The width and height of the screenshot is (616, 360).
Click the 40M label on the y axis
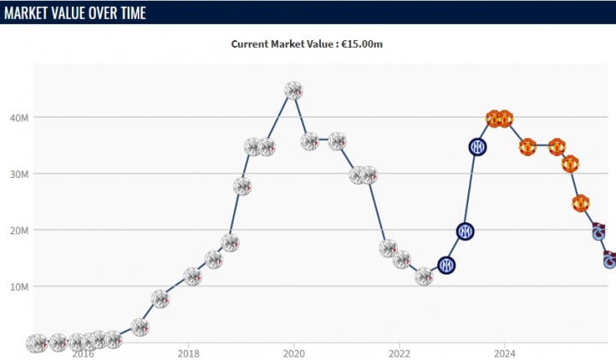click(21, 117)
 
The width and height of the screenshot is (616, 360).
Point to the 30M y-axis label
click(21, 174)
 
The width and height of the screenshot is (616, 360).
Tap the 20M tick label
click(21, 230)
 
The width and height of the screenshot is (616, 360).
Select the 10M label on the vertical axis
click(21, 286)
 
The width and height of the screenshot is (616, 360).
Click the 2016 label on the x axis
click(83, 352)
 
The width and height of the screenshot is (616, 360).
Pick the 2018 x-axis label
click(188, 352)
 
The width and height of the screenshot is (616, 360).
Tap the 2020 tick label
click(293, 352)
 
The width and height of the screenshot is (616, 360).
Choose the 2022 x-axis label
click(400, 352)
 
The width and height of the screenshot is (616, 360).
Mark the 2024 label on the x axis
click(505, 352)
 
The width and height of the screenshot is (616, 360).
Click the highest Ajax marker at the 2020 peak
click(293, 91)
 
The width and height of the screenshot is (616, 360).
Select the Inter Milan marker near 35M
click(477, 147)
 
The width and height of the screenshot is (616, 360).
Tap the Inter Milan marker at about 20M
click(465, 231)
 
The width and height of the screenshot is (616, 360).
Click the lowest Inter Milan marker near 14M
click(446, 265)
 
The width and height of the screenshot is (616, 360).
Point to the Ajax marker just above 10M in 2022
click(423, 276)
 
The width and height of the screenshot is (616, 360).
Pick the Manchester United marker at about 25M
click(581, 204)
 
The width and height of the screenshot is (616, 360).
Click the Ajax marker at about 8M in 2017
click(160, 298)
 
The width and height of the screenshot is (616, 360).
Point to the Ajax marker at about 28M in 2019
click(242, 186)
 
